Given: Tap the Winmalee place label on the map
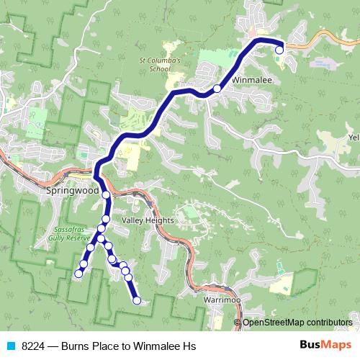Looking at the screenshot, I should point(251,81).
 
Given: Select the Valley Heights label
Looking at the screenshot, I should point(148,220).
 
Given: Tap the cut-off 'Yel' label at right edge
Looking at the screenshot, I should point(353,137).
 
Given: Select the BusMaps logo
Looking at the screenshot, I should point(325,346).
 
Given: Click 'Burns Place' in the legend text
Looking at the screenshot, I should point(92,346).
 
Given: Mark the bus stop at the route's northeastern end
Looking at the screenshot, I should point(279,50).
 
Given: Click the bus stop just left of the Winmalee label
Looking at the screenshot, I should point(217,89).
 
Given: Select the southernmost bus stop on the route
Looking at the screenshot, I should point(137,301).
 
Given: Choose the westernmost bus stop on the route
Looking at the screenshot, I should point(78,274).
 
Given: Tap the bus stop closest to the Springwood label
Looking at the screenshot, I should point(106,195).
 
